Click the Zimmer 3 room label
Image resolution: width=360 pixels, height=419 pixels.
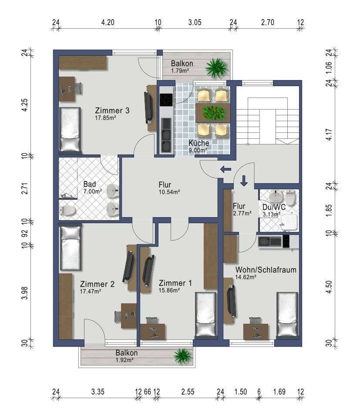point(112,110)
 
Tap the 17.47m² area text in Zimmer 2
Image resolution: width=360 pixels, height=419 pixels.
point(91,292)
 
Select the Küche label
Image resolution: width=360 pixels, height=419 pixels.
point(199,143)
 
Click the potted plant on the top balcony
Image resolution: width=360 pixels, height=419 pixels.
point(217,67)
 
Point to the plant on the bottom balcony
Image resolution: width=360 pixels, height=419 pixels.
point(183,355)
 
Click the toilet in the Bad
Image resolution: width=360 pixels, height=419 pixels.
point(67,211)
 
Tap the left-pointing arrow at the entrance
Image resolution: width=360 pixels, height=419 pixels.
point(225,169)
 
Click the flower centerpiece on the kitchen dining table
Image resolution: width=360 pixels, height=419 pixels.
point(213,113)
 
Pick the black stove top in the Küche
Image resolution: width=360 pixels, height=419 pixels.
point(166,100)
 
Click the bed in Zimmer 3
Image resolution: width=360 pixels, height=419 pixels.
point(70,129)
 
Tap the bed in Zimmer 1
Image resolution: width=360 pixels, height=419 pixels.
point(206,315)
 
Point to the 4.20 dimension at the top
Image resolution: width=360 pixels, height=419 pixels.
point(108,23)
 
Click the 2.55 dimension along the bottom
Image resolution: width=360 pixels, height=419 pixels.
point(188,392)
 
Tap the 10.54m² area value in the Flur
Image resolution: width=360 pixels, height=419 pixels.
point(169,191)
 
